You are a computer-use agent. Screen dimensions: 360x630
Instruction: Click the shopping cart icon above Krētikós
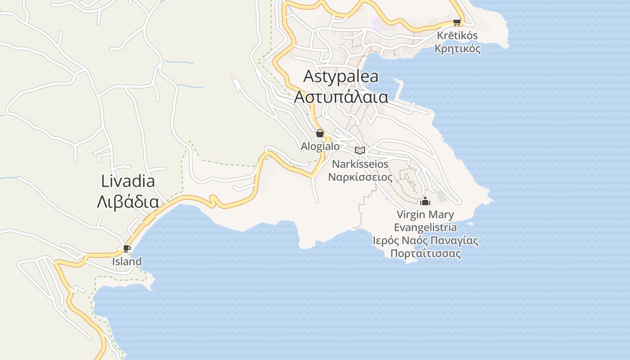[457, 22]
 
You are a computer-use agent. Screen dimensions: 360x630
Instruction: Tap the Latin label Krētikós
[457, 36]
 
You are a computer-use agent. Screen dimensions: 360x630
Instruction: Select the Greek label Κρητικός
[457, 49]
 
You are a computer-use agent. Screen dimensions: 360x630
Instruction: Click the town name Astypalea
[341, 76]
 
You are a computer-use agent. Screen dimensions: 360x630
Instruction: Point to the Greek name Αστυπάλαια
[341, 96]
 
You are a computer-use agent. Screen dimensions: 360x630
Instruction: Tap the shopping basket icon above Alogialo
[320, 133]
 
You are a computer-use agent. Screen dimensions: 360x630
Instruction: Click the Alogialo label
[320, 146]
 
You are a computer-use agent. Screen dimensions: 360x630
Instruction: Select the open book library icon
[360, 150]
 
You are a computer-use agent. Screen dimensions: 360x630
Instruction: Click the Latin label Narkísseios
[360, 164]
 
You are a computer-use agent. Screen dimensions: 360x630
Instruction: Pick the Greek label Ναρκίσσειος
[360, 177]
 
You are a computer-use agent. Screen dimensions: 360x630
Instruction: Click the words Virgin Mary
[425, 214]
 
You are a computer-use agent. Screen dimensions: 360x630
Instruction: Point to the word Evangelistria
[425, 227]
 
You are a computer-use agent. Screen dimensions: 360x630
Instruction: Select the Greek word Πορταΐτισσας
[425, 253]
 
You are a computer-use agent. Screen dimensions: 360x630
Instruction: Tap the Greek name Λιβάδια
[128, 202]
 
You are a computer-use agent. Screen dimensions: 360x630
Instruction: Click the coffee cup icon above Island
[127, 248]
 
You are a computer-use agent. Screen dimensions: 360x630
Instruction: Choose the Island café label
[127, 261]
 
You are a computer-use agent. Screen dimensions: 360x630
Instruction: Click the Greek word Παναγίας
[454, 240]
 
